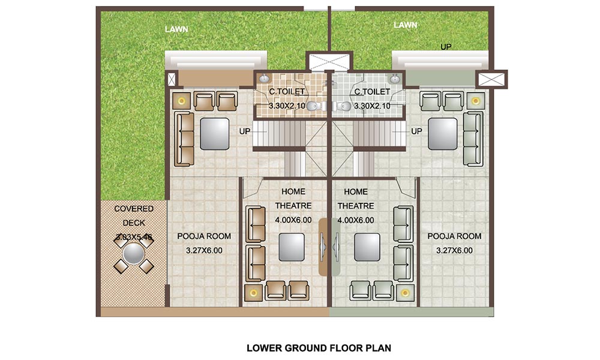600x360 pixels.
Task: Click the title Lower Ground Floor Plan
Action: (319, 347)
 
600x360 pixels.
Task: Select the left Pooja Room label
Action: (204, 236)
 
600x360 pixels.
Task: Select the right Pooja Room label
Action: (454, 236)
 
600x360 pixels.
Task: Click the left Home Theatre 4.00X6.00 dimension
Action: (293, 220)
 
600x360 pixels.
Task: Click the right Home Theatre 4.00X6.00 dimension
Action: (356, 220)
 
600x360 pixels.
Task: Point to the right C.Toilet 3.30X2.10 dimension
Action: (373, 106)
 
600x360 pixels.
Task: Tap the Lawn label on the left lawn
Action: (175, 28)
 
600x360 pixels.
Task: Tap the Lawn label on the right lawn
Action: (405, 25)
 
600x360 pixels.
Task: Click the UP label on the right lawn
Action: (446, 46)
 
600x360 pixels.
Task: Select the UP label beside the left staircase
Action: (244, 131)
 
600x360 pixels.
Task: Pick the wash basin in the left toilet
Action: (265, 78)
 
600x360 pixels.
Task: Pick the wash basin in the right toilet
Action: (395, 78)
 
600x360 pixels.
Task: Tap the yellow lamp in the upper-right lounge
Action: (476, 101)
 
